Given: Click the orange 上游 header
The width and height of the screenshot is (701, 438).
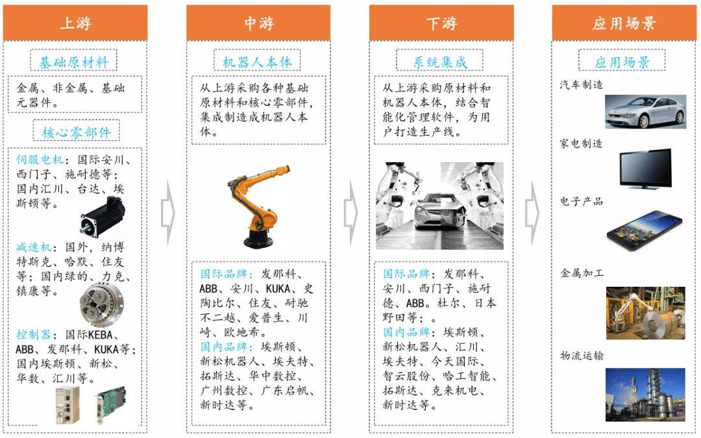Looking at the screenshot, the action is [x=75, y=23].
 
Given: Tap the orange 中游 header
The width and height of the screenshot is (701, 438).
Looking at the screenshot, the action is [x=258, y=23].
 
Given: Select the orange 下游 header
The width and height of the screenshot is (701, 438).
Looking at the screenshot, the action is [x=441, y=23].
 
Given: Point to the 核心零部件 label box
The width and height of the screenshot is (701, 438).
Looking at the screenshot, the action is [x=77, y=131].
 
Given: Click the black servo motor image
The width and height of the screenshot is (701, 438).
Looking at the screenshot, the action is [x=103, y=217].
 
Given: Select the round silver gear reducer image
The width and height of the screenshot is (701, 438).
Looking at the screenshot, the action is [x=101, y=304].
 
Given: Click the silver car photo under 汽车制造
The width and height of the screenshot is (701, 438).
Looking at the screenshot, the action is [x=646, y=112].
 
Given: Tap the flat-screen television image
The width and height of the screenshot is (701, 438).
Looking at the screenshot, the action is [x=646, y=169].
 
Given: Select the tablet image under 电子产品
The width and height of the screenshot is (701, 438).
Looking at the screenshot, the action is [x=645, y=230].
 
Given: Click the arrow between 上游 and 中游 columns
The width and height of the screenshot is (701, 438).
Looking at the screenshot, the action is [x=168, y=213].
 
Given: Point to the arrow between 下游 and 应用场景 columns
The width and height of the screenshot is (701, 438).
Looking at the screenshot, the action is [x=532, y=213].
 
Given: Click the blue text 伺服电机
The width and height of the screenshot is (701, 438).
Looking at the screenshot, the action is [x=40, y=159].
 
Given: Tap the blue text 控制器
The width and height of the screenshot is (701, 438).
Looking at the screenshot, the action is [x=34, y=334].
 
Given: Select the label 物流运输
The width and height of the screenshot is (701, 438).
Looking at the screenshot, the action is [x=582, y=356].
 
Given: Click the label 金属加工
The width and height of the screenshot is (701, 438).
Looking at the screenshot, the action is [x=582, y=273].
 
